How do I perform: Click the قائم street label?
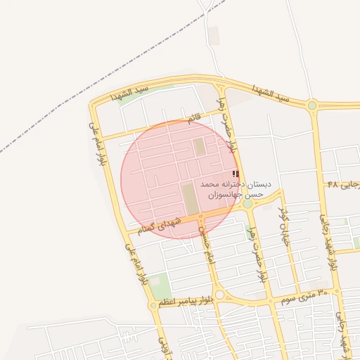coord(192,120)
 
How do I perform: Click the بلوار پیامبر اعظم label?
coord(184,301)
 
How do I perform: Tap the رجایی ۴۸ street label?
coord(343,184)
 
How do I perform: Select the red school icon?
coord(236,174)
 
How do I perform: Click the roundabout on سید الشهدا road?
coord(311,105)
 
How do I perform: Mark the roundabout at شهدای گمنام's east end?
coord(247,204)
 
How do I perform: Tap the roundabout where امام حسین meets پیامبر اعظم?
coord(219,295)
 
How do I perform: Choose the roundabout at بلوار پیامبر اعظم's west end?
coord(153,305)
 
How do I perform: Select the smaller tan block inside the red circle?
coord(199,147)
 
